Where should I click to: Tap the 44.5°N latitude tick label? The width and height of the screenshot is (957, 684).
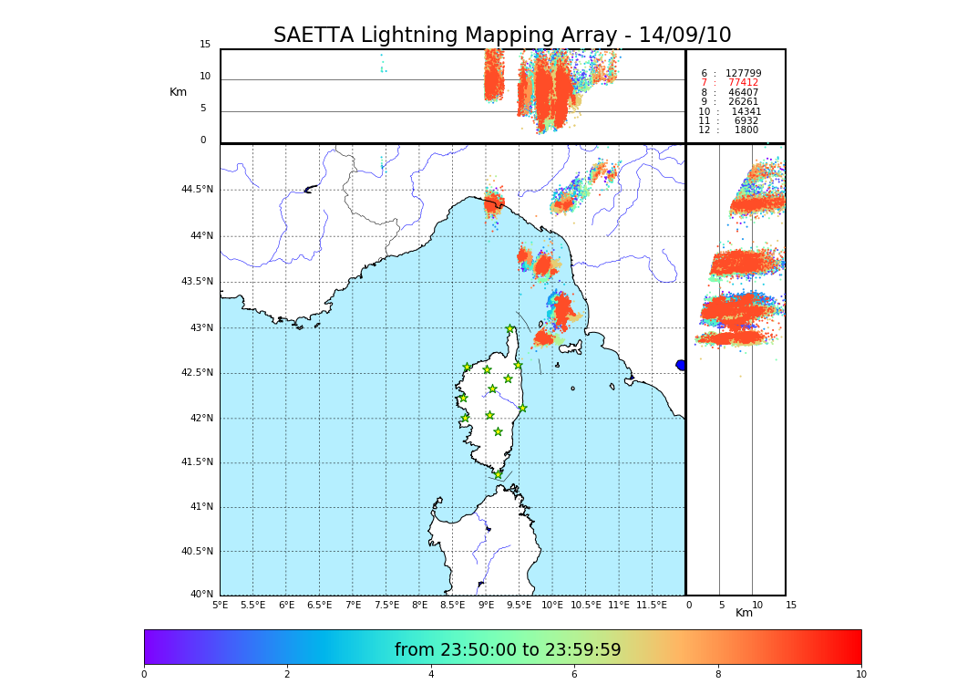(197, 190)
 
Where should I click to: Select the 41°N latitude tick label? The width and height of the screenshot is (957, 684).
(200, 507)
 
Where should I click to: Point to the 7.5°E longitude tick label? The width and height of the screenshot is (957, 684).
(386, 606)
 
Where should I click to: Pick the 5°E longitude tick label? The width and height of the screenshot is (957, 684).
(220, 606)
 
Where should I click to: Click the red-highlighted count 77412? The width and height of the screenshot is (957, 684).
(743, 83)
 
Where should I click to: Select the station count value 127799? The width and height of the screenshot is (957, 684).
(743, 74)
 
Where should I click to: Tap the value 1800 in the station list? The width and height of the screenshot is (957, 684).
(746, 130)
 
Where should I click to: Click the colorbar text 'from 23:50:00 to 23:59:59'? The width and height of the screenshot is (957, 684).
(508, 650)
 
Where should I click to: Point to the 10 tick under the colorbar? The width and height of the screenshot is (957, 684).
(860, 675)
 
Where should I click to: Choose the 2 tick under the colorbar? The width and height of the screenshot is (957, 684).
(287, 675)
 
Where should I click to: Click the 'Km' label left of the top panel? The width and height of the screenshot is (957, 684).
(178, 92)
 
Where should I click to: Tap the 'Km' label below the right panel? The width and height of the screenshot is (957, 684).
(744, 614)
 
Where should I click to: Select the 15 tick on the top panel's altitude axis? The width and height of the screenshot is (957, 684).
(205, 45)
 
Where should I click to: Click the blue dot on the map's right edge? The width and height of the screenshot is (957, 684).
(681, 365)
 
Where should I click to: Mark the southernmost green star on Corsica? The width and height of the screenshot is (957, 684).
(498, 474)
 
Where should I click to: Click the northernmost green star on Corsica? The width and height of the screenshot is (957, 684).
(510, 329)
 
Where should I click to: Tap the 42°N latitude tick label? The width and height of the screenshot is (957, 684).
(200, 419)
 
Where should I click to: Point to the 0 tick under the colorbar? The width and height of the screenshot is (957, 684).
(144, 675)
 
